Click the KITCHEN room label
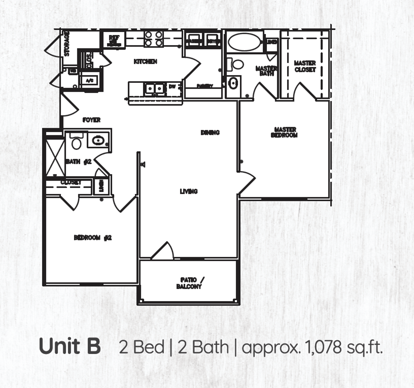pyautogui.click(x=145, y=61)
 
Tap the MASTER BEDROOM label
pyautogui.click(x=284, y=132)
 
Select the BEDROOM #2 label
pyautogui.click(x=93, y=238)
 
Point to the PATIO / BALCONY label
pyautogui.click(x=190, y=283)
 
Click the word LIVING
pyautogui.click(x=189, y=191)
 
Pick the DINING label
pyautogui.click(x=210, y=132)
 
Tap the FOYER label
pyautogui.click(x=91, y=120)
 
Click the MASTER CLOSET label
pyautogui.click(x=305, y=66)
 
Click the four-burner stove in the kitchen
pyautogui.click(x=154, y=38)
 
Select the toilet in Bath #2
pyautogui.click(x=76, y=141)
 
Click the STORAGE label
pyautogui.click(x=67, y=44)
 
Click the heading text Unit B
pyautogui.click(x=69, y=346)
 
